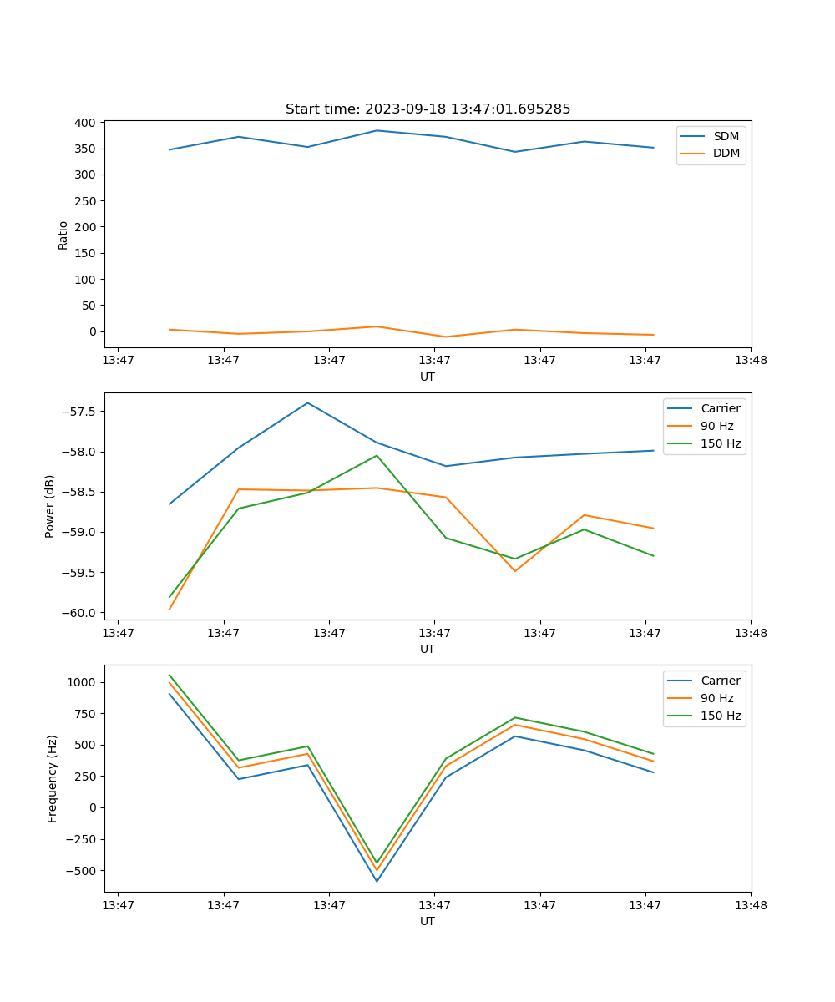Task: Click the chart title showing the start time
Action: (x=428, y=109)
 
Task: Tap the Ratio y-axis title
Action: (x=63, y=235)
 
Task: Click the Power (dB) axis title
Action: (x=50, y=506)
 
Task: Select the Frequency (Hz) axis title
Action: (x=52, y=778)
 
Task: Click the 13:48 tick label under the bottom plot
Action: (x=751, y=904)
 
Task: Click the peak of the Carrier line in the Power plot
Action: (x=307, y=402)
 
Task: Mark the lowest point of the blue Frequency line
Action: (x=377, y=881)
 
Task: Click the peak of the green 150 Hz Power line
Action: (x=377, y=455)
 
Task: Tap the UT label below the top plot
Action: (x=428, y=377)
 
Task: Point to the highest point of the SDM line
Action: (x=377, y=130)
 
